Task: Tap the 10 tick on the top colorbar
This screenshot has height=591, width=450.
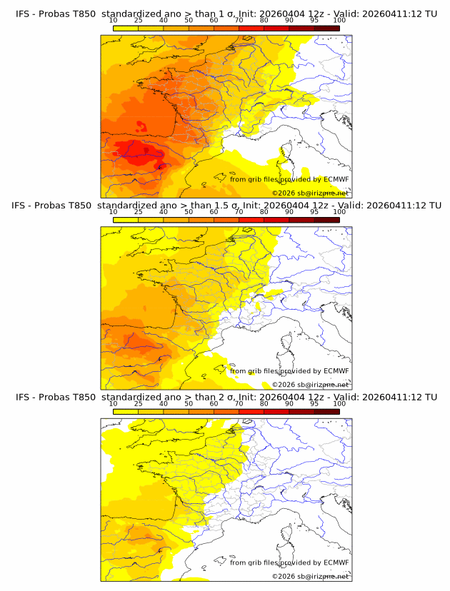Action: [113, 20]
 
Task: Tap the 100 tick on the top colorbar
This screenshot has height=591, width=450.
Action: [339, 20]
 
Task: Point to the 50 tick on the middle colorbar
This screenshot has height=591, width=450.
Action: [189, 212]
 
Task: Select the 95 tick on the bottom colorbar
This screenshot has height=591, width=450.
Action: [314, 404]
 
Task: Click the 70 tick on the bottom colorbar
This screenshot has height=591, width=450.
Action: [239, 404]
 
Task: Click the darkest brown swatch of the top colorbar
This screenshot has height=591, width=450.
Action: [326, 28]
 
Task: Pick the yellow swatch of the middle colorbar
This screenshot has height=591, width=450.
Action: [125, 219]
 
